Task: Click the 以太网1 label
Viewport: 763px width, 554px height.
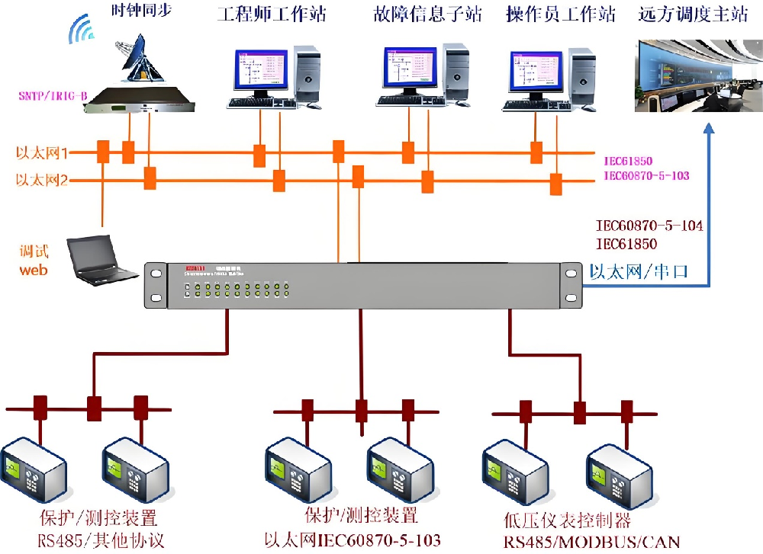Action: [x=43, y=153]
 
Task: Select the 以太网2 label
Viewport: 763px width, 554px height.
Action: [x=43, y=181]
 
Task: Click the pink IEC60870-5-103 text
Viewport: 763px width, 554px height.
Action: [x=646, y=176]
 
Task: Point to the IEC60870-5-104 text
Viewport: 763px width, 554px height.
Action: [x=649, y=226]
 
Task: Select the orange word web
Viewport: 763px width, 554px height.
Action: [x=34, y=269]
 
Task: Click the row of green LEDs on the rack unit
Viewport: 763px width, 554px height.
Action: [x=237, y=290]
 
